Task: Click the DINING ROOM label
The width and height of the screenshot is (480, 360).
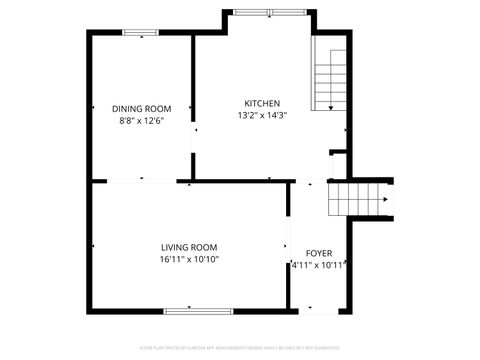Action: pos(141,108)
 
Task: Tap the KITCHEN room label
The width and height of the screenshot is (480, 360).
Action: pos(262,103)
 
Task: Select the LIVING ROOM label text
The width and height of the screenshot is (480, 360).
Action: pos(189,247)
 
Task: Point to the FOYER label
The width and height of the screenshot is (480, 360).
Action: pos(319,253)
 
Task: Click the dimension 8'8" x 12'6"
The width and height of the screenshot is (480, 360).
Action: pos(141,121)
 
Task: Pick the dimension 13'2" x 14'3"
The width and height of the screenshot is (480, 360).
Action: pos(262,116)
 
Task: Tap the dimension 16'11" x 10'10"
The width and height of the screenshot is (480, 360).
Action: pos(189,259)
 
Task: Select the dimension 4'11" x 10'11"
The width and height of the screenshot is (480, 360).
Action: pos(319,265)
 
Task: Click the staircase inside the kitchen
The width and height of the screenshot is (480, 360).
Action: pos(329,76)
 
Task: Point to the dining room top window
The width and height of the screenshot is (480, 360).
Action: pos(141,33)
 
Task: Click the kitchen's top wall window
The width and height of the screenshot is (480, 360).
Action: pos(266,12)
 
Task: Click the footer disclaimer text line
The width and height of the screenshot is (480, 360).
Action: pos(240,348)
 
